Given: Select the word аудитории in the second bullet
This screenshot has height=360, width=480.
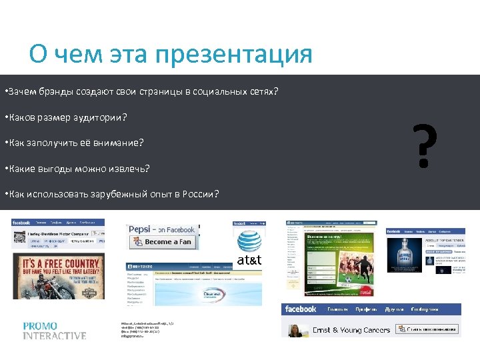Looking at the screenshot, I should click(103, 117).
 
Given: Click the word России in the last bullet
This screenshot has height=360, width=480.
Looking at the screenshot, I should click(201, 195).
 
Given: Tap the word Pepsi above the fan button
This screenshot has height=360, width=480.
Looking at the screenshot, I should click(141, 229).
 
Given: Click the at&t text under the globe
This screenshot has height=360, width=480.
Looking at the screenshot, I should click(249, 260).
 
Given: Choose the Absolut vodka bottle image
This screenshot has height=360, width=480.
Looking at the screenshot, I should click(411, 254).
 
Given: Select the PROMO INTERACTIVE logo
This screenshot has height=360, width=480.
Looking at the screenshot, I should click(54, 331).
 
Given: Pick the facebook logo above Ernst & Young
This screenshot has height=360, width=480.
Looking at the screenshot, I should click(300, 309).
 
